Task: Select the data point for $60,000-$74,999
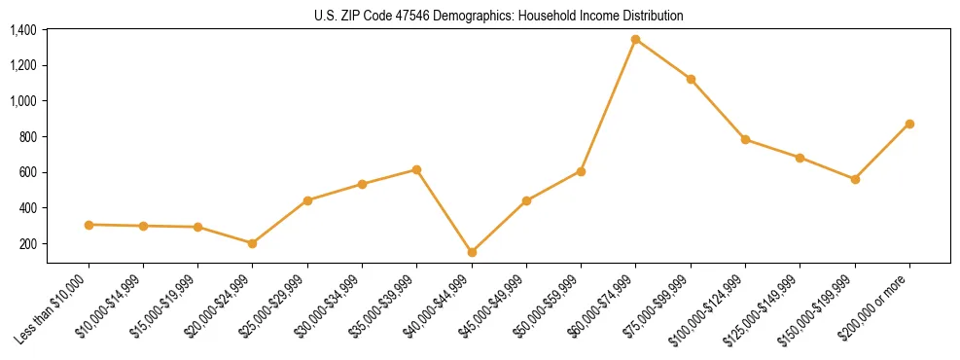coord(635,40)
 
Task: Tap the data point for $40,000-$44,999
coord(472,252)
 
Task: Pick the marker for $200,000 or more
coord(909,124)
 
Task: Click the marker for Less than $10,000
coord(89,225)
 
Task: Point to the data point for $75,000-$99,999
coord(691,79)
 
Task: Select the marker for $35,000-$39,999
coord(416,169)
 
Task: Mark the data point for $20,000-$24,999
coord(253,243)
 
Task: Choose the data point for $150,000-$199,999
coord(855,179)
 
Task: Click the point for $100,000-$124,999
coord(745,139)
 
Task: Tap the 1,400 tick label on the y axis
coord(22,30)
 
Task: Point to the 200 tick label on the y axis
coord(27,243)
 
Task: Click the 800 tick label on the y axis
coord(27,137)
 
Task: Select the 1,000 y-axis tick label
coord(22,101)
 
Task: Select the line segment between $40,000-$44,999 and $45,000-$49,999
coord(499,227)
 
